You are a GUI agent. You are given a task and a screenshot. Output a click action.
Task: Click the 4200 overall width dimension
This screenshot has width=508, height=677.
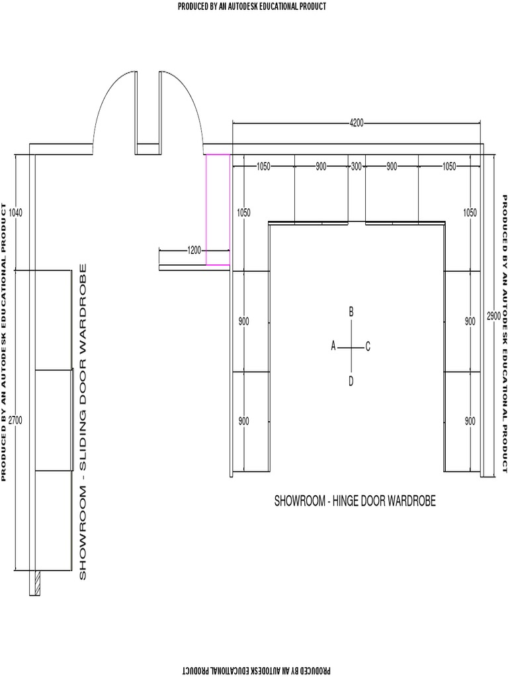[x=357, y=122]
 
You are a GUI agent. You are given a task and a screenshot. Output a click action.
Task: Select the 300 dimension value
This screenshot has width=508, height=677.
[x=357, y=167]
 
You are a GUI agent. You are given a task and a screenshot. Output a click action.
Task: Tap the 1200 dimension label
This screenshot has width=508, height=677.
[x=194, y=251]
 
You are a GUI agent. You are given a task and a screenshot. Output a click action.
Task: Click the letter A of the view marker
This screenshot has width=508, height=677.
[x=334, y=346]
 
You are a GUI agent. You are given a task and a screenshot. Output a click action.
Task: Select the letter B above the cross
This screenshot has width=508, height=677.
[x=351, y=311]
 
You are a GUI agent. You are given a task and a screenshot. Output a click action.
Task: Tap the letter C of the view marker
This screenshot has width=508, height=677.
[x=368, y=346]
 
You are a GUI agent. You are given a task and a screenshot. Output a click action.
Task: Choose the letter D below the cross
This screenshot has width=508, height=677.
[x=351, y=380]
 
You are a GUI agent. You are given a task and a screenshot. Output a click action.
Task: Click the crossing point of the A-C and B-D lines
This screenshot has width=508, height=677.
[x=351, y=346]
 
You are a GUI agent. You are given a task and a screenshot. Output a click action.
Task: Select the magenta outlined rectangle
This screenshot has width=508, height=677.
[x=218, y=210]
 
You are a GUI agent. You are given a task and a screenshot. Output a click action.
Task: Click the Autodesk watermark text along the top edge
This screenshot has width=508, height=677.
[x=252, y=7]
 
